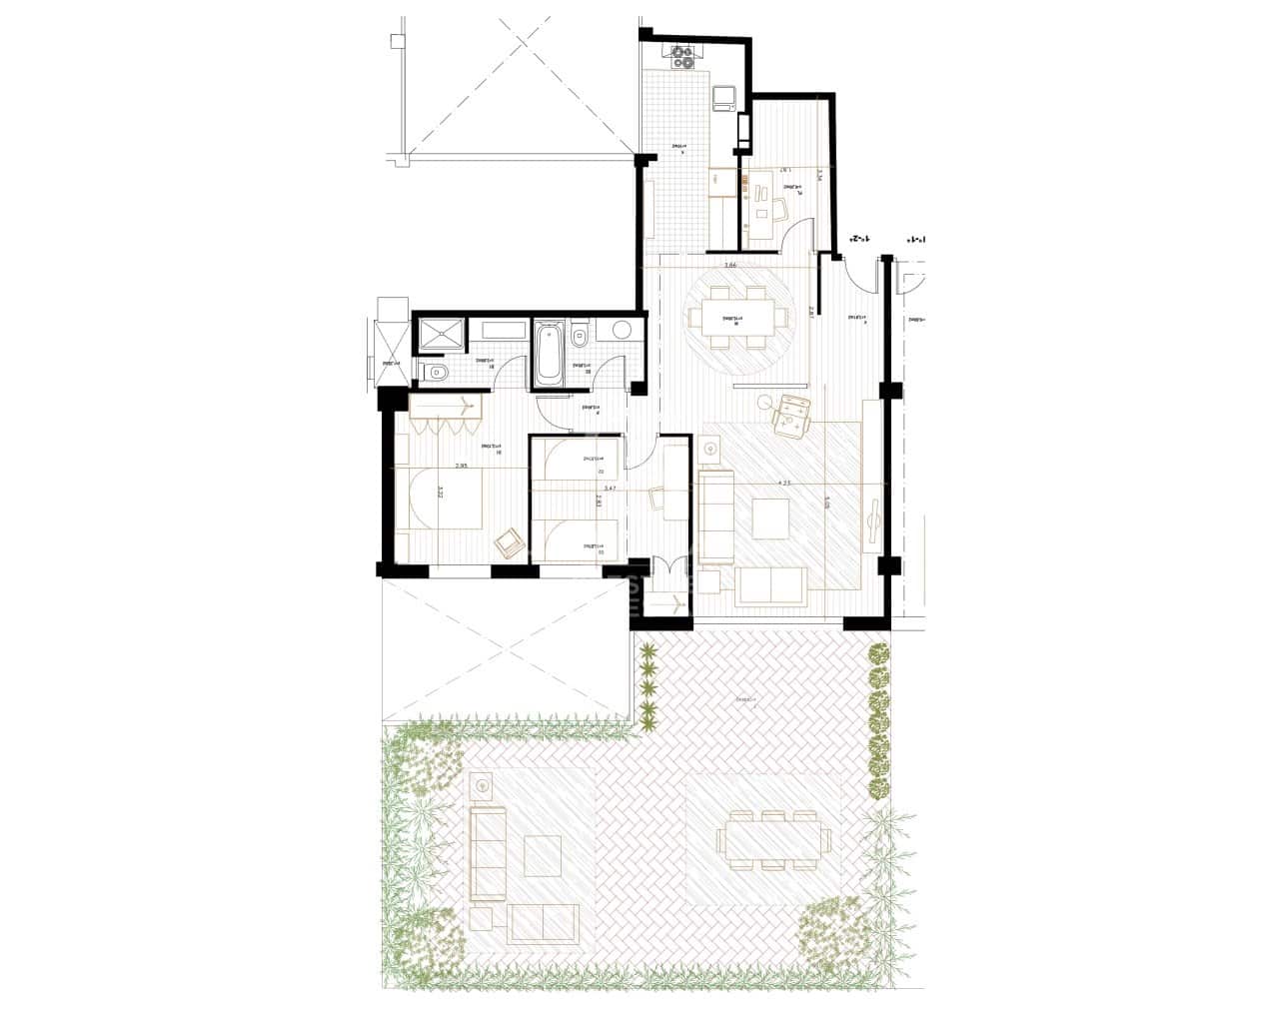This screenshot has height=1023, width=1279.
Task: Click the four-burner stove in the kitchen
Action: [x=683, y=58]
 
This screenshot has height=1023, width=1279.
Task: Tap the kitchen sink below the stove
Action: [x=724, y=97]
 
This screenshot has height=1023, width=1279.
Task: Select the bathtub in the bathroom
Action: [x=549, y=353]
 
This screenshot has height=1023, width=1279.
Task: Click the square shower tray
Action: [x=440, y=336]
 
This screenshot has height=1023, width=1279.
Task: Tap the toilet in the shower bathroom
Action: [x=436, y=374]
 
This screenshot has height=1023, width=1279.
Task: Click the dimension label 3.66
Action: [x=729, y=266]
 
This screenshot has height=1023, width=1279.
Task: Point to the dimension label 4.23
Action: [x=784, y=484]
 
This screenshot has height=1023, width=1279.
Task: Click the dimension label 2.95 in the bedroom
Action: [x=461, y=466]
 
